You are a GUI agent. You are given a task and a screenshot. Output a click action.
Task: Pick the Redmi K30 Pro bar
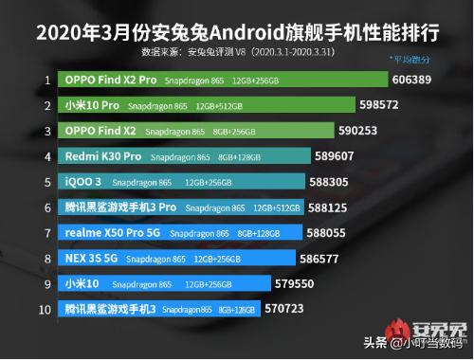[186, 155]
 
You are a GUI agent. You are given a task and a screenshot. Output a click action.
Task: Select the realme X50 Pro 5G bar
[181, 230]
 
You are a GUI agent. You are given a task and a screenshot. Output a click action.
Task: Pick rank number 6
[46, 206]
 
